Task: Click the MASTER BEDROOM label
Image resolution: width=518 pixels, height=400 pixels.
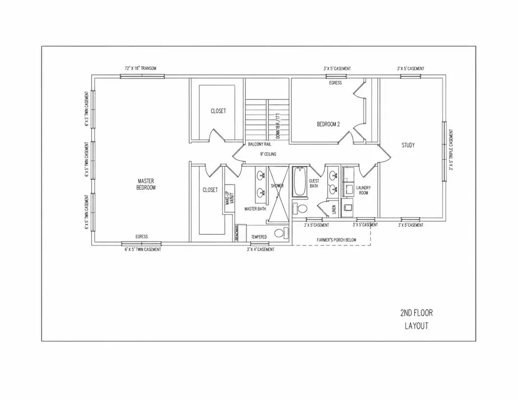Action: click(146, 184)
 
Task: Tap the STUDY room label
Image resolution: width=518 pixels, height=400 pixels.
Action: click(408, 145)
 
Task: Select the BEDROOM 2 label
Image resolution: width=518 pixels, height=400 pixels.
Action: click(328, 124)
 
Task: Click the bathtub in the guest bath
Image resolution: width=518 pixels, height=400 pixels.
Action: click(298, 182)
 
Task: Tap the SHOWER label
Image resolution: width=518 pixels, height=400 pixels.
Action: click(277, 186)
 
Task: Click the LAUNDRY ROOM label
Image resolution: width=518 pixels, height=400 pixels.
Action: click(363, 190)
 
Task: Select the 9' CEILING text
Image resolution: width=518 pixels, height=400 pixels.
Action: click(268, 154)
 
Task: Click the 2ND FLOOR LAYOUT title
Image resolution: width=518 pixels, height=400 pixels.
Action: click(416, 319)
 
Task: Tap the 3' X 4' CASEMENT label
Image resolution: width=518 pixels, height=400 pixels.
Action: click(261, 250)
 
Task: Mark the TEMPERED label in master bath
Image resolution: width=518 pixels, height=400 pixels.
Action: click(259, 236)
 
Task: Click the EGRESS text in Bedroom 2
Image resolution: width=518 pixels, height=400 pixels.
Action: click(335, 83)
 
